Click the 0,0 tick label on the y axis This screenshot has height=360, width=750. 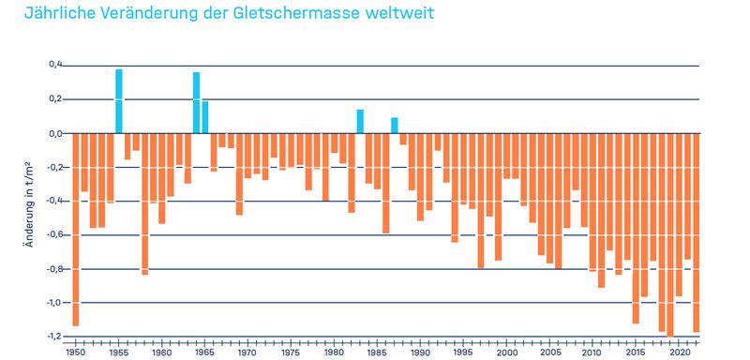[x=54, y=133]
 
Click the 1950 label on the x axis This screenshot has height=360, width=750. [x=75, y=352]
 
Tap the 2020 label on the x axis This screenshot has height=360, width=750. [x=677, y=352]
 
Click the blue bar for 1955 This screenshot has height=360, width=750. [x=119, y=101]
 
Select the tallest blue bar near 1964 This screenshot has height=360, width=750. [x=196, y=103]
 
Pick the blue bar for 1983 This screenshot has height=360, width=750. [x=360, y=122]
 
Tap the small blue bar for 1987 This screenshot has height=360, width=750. [x=394, y=126]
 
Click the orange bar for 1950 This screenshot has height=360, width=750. [x=76, y=230]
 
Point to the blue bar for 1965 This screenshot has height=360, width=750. [x=205, y=117]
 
